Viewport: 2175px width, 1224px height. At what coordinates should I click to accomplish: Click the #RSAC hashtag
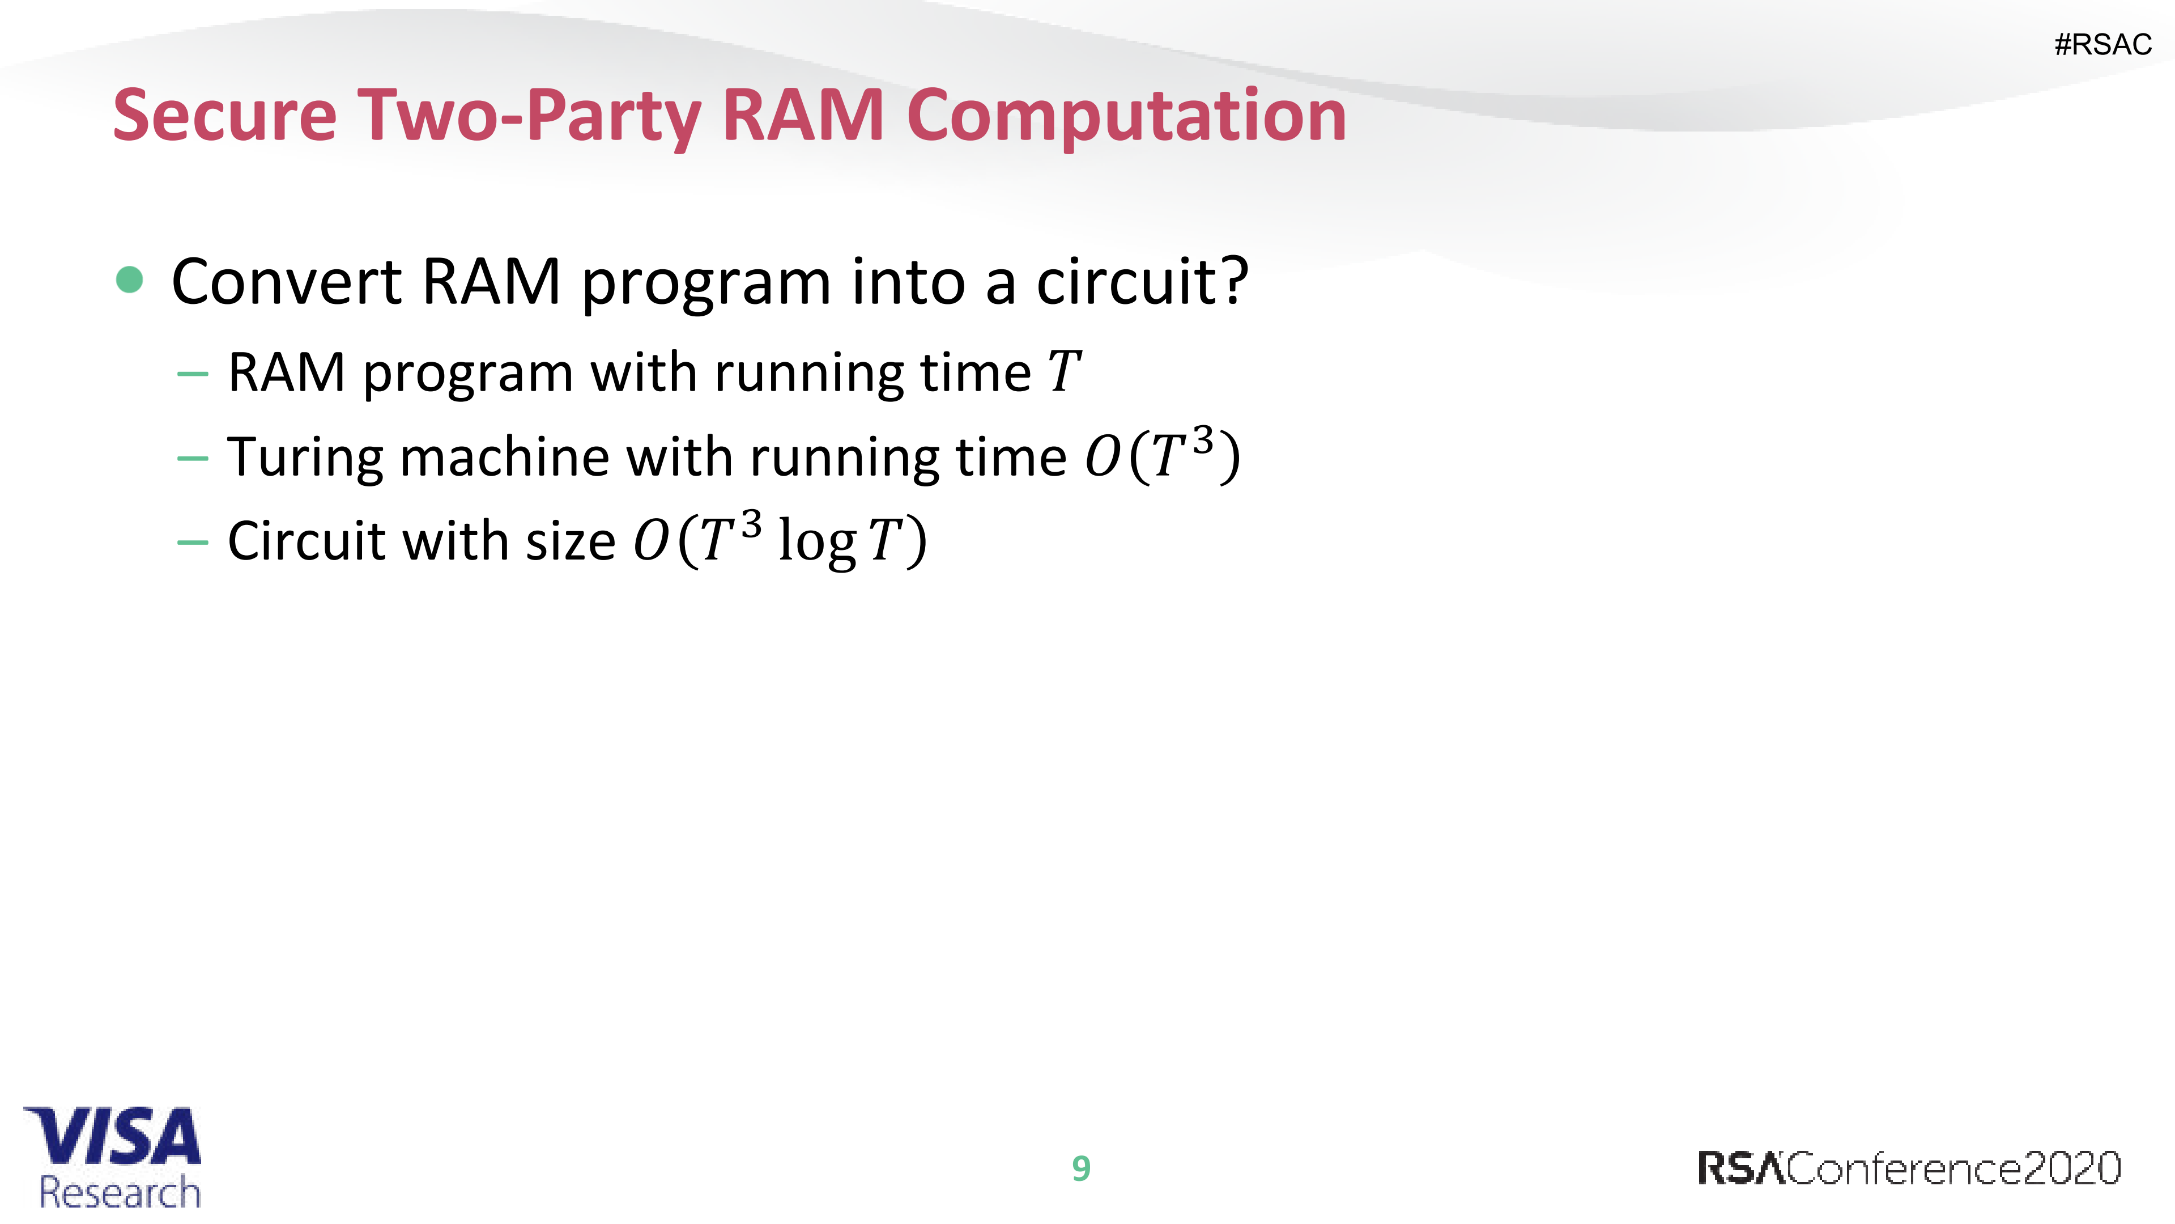(x=2102, y=45)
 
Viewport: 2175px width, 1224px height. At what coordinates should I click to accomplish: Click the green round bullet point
(x=129, y=279)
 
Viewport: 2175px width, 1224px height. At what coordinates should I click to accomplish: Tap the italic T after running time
(x=1064, y=372)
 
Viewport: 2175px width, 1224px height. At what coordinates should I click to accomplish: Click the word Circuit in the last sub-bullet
(x=305, y=541)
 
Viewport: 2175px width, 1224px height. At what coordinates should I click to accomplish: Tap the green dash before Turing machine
(x=193, y=459)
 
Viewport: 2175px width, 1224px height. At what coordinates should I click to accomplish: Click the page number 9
(x=1081, y=1169)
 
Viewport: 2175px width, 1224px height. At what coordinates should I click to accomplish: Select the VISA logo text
(x=113, y=1136)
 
